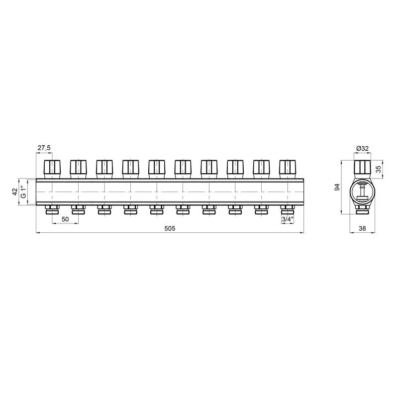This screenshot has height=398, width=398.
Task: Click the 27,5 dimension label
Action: [x=44, y=148]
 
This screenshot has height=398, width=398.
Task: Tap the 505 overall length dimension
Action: [x=170, y=228]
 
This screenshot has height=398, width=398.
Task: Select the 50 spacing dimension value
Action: [x=65, y=219]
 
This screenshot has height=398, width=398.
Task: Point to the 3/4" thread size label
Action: [x=288, y=219]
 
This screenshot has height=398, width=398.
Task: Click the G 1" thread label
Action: [x=23, y=192]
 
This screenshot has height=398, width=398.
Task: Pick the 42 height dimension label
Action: [x=15, y=192]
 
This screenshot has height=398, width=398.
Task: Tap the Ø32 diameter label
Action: [x=362, y=148]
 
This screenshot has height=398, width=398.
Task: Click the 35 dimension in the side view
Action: [x=379, y=169]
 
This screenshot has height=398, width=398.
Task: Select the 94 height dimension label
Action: [x=337, y=188]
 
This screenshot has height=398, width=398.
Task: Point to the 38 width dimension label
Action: [x=363, y=228]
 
